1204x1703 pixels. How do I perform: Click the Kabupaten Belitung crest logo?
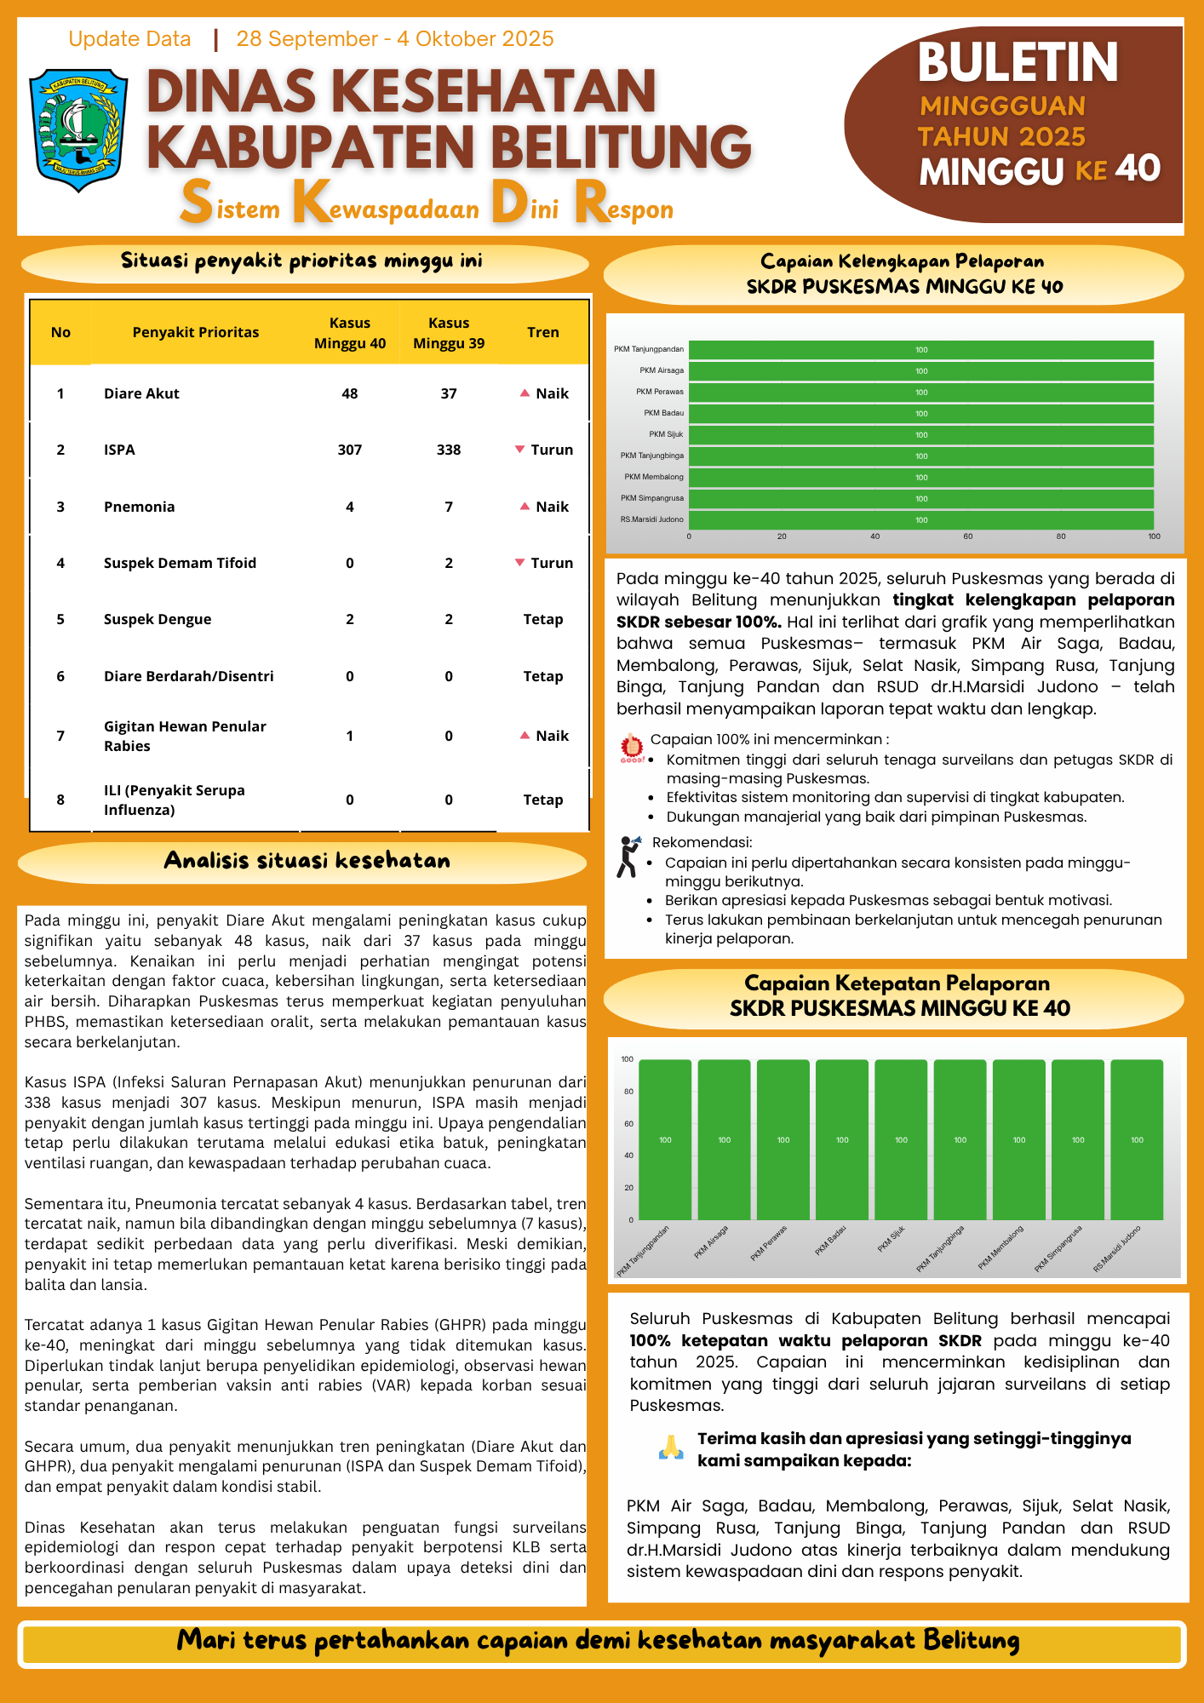(x=78, y=129)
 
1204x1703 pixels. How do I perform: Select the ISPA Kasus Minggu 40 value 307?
(x=350, y=450)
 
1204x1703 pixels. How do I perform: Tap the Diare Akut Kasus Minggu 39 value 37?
(x=449, y=393)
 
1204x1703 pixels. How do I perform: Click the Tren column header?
(x=542, y=332)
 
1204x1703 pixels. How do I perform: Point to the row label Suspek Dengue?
(x=158, y=619)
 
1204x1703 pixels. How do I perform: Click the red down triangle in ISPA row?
(x=520, y=449)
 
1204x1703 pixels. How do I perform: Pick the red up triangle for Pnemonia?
(x=525, y=506)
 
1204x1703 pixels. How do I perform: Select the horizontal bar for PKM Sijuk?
(x=920, y=434)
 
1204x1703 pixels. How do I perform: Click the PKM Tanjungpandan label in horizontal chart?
(x=649, y=349)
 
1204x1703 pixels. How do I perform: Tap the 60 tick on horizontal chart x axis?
(x=968, y=536)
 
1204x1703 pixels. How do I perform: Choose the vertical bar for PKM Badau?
(x=841, y=1139)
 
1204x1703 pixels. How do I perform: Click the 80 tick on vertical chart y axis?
(x=628, y=1092)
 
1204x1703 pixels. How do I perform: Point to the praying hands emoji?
(x=671, y=1448)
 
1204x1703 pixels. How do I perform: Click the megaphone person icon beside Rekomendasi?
(x=628, y=856)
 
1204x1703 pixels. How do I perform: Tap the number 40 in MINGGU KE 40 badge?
(x=1138, y=169)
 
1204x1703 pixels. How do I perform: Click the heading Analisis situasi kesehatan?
(x=307, y=860)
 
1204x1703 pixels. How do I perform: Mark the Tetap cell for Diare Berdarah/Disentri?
(x=542, y=676)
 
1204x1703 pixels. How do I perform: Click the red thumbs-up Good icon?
(x=632, y=747)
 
